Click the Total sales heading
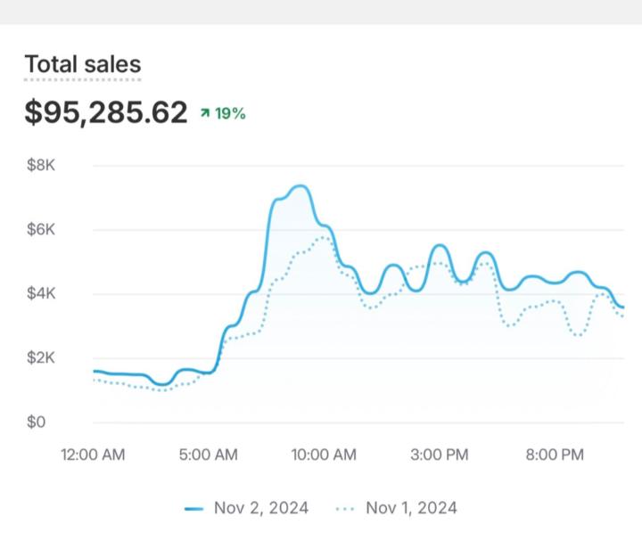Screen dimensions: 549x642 [82, 64]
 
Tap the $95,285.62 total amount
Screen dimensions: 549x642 [106, 113]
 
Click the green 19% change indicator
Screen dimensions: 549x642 [230, 113]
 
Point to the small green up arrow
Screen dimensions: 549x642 [205, 113]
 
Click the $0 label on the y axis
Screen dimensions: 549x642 [36, 422]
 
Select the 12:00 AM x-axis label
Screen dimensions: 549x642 [93, 455]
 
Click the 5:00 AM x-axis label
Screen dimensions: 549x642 [208, 455]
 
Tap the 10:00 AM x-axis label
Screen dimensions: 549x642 [323, 455]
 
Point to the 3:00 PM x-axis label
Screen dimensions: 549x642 [438, 455]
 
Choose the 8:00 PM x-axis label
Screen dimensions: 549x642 [554, 455]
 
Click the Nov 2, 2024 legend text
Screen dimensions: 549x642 [261, 508]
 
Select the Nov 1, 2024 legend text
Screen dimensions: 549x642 [411, 508]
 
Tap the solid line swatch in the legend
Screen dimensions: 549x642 [194, 509]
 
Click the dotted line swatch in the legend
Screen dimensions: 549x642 [345, 509]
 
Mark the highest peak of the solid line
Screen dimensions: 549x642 [300, 186]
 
